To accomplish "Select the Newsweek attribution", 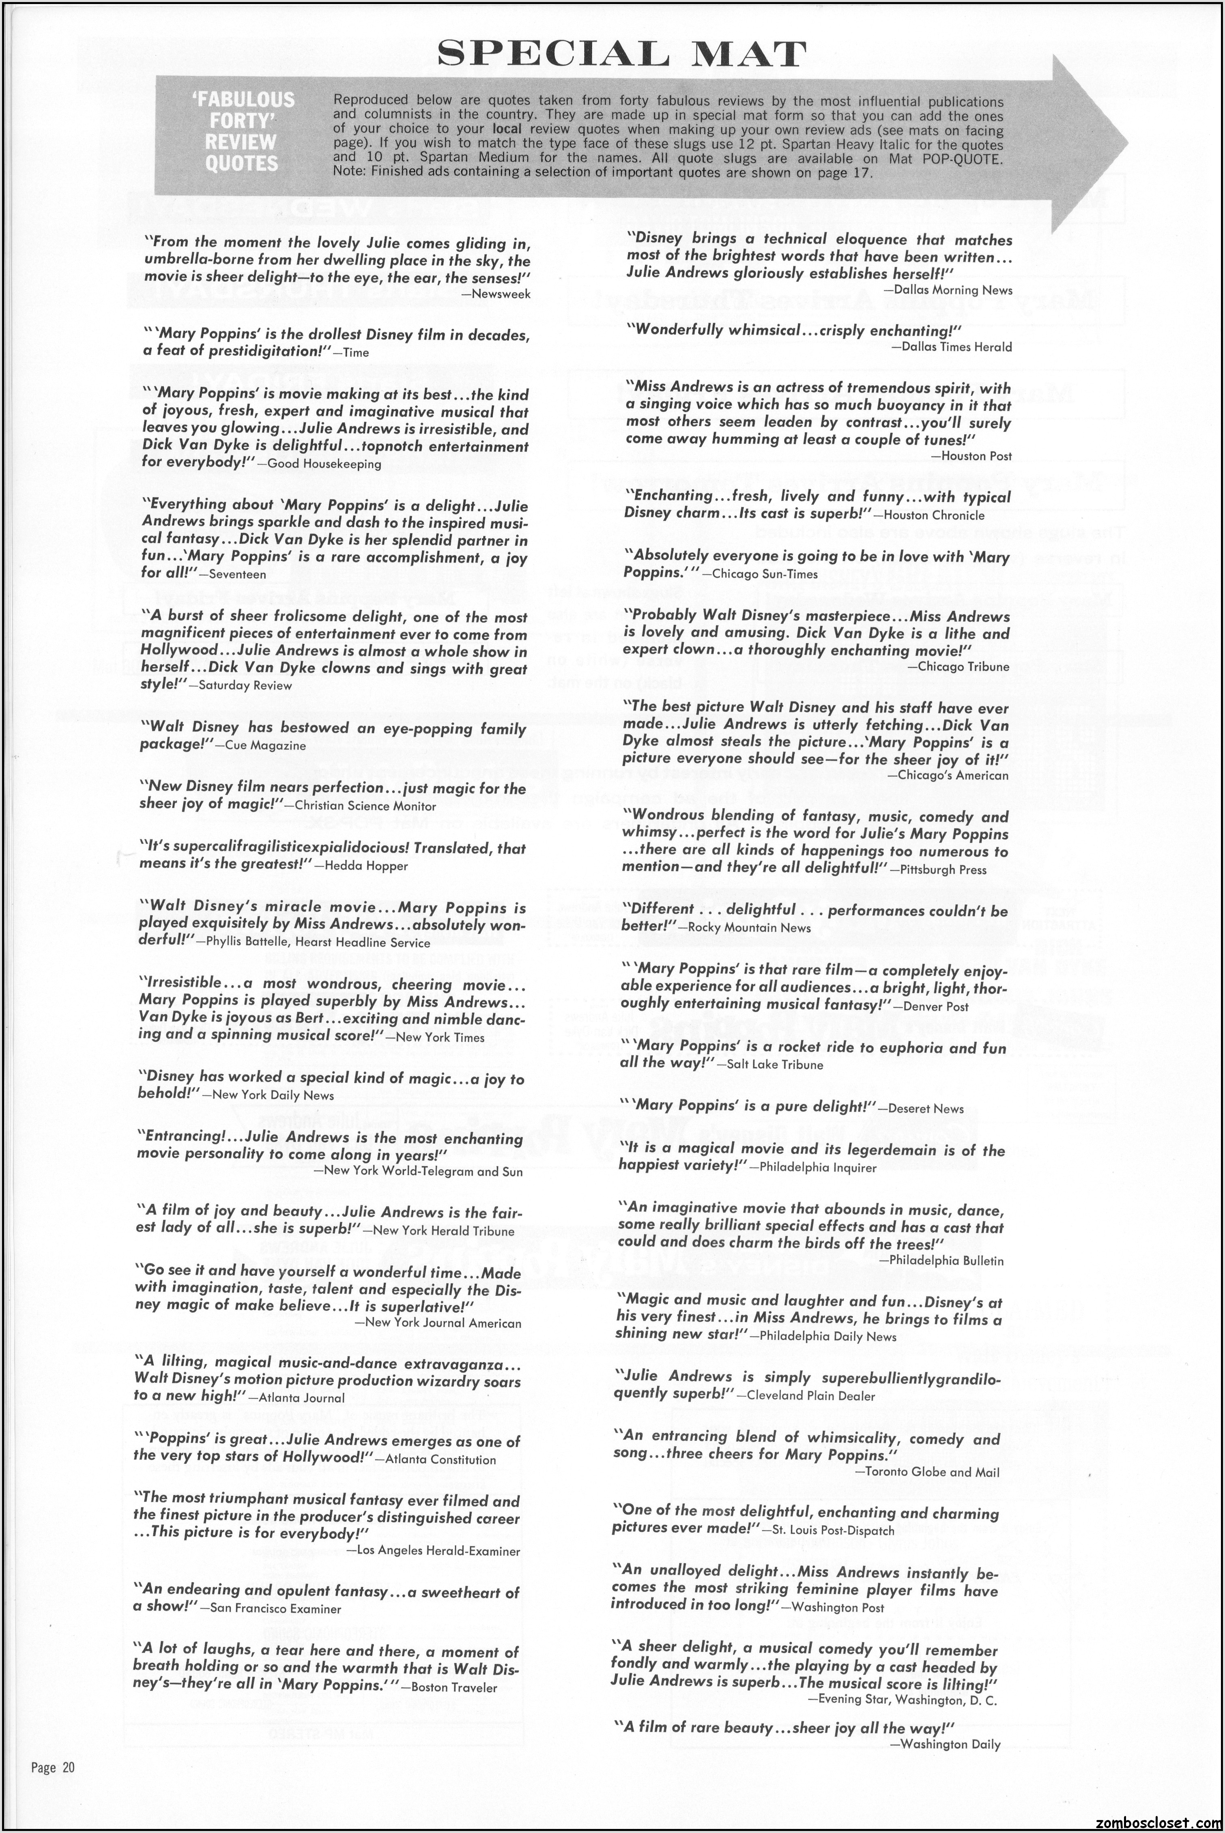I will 502,294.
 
